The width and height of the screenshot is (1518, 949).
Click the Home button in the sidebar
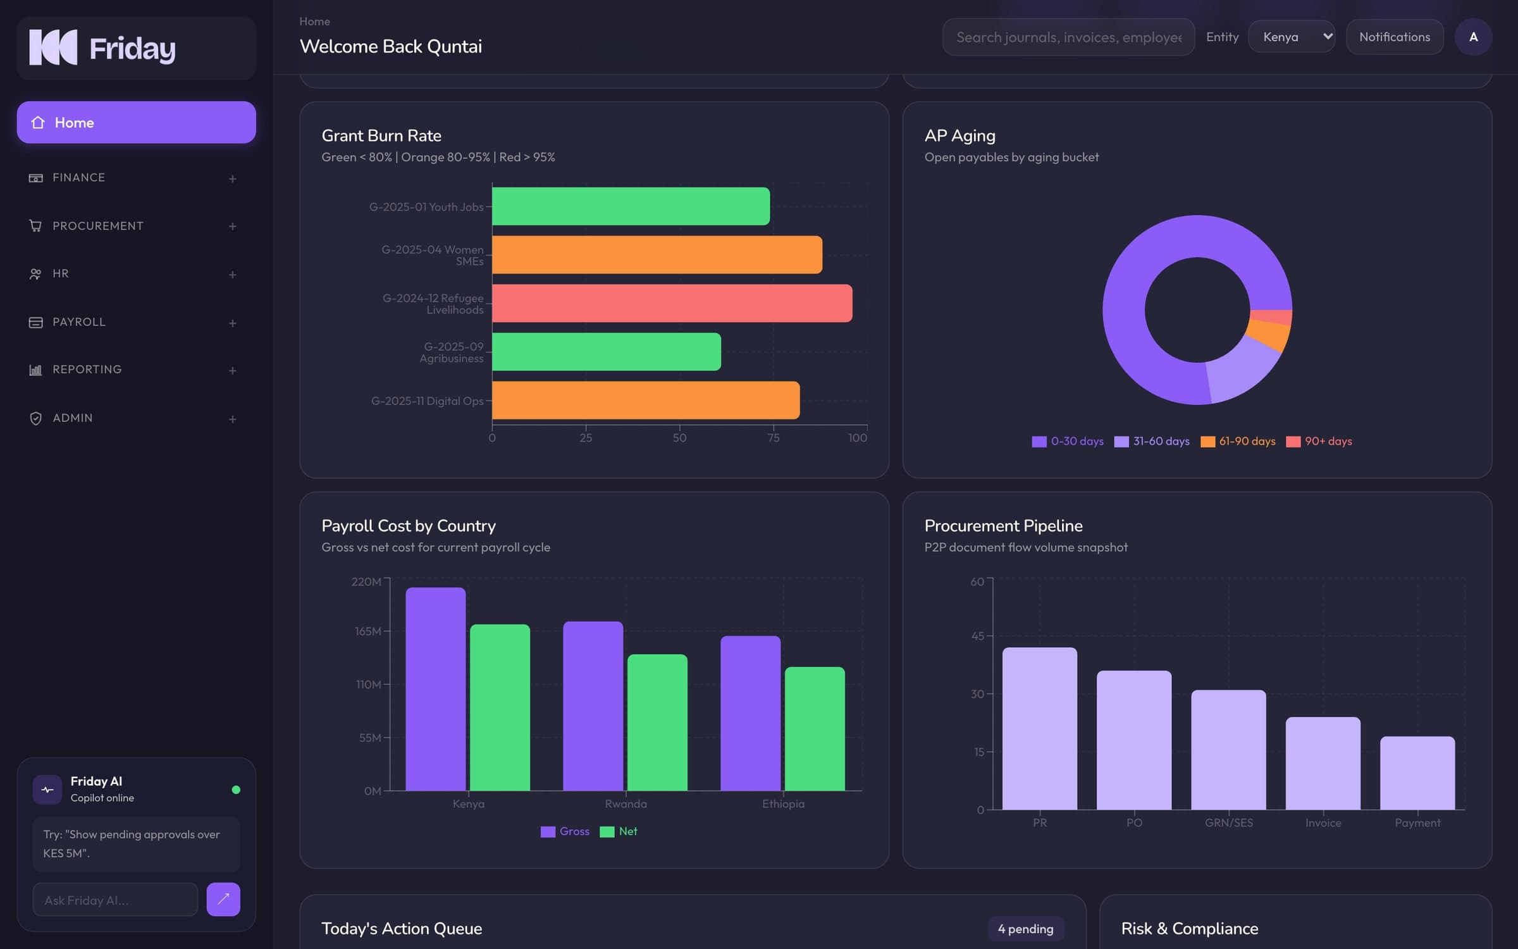(x=136, y=122)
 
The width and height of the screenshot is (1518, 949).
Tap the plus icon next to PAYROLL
(x=233, y=323)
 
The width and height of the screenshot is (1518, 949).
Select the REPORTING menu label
(x=87, y=369)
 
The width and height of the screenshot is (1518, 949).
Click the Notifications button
(x=1395, y=37)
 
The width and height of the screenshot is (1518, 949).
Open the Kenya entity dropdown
(x=1292, y=37)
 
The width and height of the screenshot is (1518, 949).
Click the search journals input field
(x=1068, y=37)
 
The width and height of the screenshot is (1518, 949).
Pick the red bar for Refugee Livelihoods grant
(x=672, y=303)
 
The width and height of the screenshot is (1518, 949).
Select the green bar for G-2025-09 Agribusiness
(x=606, y=352)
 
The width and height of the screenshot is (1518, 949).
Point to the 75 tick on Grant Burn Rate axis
(x=773, y=438)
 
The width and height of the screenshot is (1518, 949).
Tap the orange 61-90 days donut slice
(x=1269, y=333)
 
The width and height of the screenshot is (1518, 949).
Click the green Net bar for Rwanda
(x=657, y=723)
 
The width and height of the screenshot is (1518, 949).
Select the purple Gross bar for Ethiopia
(x=750, y=713)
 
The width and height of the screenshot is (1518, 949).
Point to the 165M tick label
(x=368, y=631)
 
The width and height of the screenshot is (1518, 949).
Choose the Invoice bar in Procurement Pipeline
(x=1323, y=763)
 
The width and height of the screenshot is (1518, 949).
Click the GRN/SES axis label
(x=1228, y=822)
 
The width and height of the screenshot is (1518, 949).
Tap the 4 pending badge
(x=1025, y=929)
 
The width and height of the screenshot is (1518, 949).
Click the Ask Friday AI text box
(x=115, y=900)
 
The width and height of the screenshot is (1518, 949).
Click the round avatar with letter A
(x=1473, y=37)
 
